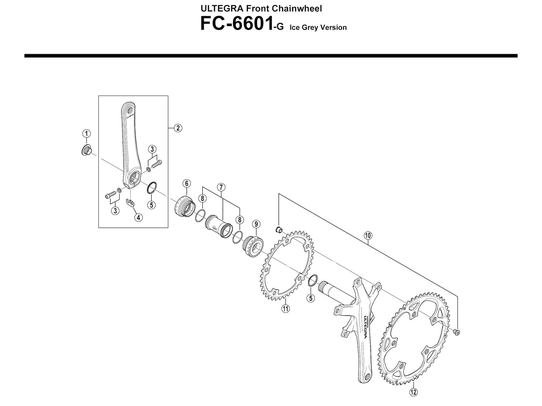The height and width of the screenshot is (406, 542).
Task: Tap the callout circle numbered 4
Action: click(138, 218)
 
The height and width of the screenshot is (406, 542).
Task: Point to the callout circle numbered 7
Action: click(221, 187)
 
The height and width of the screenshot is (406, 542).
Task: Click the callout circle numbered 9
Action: click(256, 224)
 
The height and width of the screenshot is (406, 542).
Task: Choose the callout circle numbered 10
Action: click(368, 235)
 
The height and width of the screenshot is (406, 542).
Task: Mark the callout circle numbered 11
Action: click(286, 308)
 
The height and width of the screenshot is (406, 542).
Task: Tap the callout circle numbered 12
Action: click(413, 392)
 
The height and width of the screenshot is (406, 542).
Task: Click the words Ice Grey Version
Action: click(318, 27)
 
